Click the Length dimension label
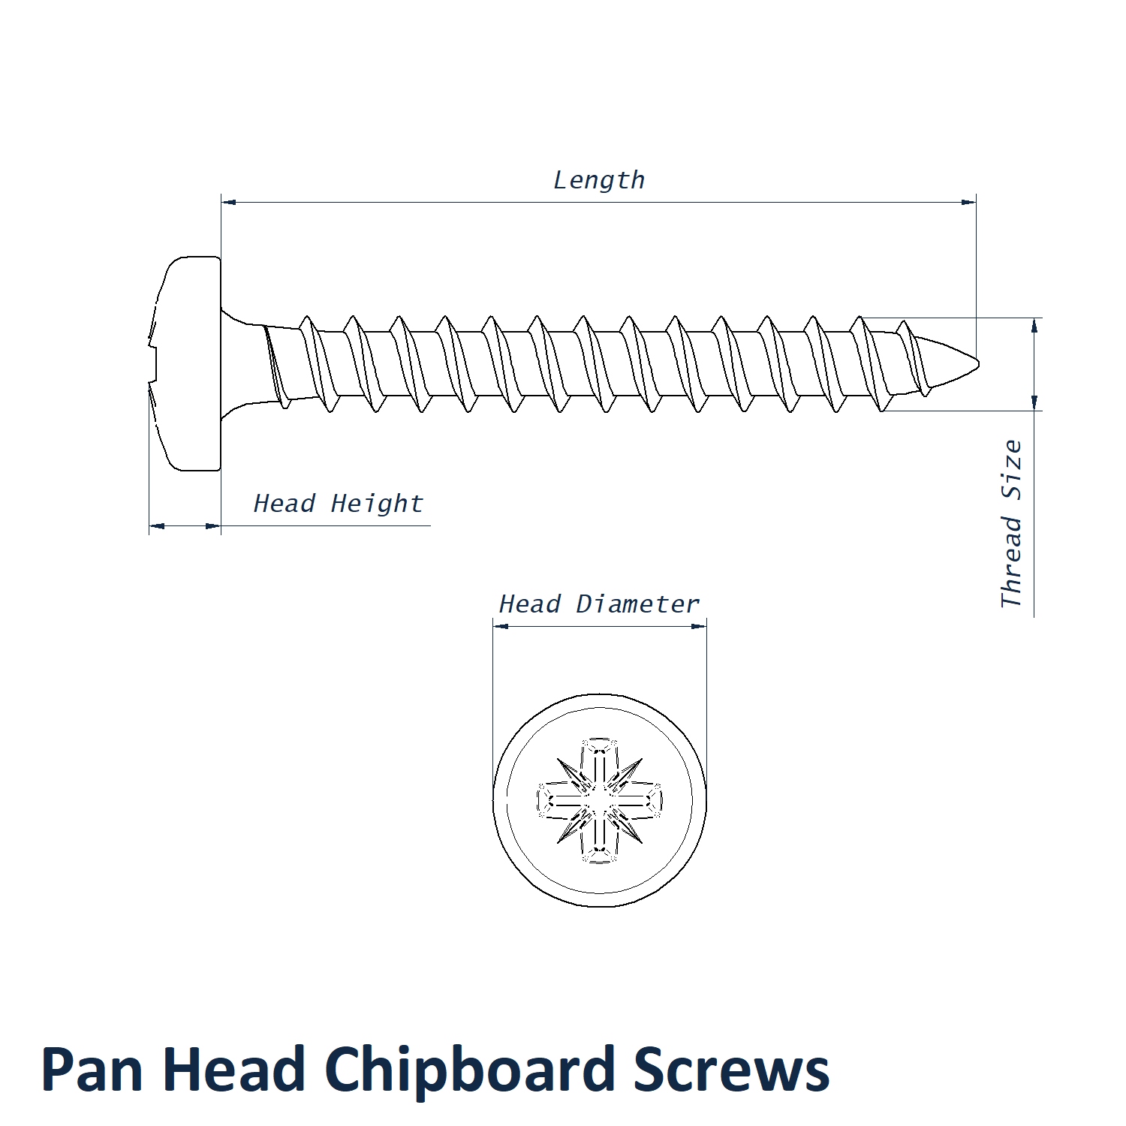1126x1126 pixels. (x=598, y=181)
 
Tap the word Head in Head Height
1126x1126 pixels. (x=284, y=504)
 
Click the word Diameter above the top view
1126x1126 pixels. (x=637, y=604)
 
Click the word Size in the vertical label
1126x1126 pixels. (x=1012, y=470)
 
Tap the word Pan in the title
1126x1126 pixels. (x=91, y=1070)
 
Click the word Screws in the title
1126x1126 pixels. (x=731, y=1070)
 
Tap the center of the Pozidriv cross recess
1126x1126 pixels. (x=600, y=800)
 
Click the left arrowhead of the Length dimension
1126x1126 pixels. (x=228, y=202)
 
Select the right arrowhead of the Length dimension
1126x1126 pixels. (x=969, y=202)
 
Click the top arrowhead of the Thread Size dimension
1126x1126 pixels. (x=1034, y=324)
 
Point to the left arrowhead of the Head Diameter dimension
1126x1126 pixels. (x=500, y=626)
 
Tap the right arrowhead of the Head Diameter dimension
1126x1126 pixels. (x=700, y=626)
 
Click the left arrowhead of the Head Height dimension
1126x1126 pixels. (x=156, y=526)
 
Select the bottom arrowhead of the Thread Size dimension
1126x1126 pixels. (x=1034, y=404)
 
